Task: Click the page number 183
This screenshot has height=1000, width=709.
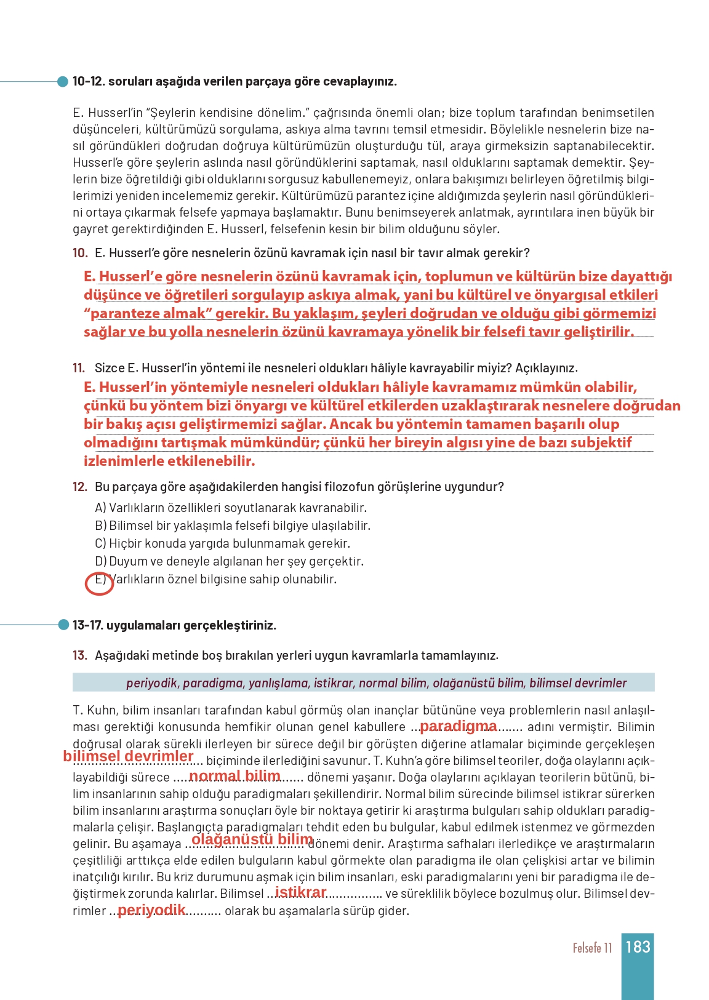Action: coord(638,946)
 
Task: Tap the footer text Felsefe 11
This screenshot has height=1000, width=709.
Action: coord(592,948)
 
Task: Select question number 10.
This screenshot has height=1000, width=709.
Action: coord(80,253)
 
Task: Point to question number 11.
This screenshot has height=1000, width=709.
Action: coord(79,368)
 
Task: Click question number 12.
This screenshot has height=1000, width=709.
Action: coord(80,487)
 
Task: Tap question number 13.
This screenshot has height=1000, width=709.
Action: coord(80,655)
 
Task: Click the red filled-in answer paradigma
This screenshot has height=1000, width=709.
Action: coord(458,726)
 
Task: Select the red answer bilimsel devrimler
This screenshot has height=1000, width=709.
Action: coord(128,756)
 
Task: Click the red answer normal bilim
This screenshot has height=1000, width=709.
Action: coord(234,776)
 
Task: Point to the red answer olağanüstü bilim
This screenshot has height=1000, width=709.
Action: coord(252,839)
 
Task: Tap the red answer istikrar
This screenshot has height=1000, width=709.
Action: coord(300,892)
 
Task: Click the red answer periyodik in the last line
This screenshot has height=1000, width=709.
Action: coord(151,910)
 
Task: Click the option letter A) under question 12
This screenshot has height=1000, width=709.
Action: coord(101,508)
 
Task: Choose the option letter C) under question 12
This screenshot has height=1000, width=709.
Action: coord(101,543)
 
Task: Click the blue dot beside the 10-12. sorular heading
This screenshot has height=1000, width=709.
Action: coord(63,81)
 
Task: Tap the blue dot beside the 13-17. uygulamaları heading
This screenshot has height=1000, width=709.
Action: coord(63,625)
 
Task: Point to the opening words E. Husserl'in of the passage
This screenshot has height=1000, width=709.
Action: coord(107,113)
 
